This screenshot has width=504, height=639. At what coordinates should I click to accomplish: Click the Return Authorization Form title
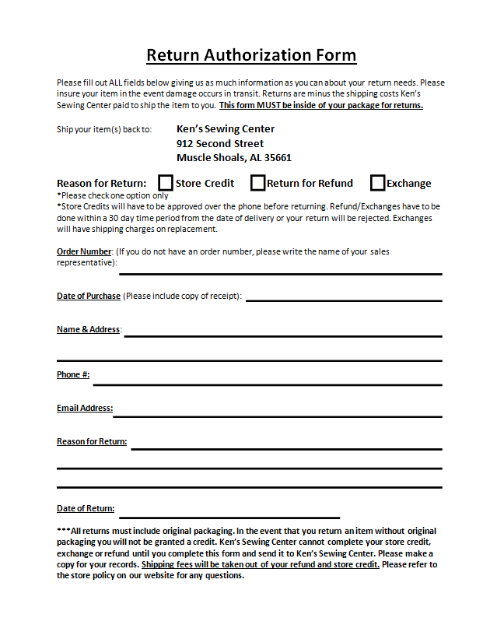(x=251, y=55)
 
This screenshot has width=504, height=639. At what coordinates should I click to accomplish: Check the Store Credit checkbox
(x=166, y=183)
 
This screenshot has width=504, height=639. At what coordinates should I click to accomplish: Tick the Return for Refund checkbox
(x=257, y=183)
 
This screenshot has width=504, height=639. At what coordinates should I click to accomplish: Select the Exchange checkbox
(x=377, y=183)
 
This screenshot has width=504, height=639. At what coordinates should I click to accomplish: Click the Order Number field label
(x=84, y=251)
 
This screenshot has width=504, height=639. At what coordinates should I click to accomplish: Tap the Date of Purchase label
(x=89, y=296)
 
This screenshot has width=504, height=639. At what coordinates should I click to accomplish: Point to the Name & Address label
(x=88, y=329)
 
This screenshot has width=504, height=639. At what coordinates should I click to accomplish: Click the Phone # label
(x=73, y=374)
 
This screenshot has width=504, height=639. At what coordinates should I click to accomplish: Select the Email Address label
(x=85, y=408)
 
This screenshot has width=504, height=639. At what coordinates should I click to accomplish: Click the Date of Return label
(x=86, y=508)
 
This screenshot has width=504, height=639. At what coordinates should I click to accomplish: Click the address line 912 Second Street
(x=220, y=143)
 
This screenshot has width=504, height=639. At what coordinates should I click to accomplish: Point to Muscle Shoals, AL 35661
(x=234, y=157)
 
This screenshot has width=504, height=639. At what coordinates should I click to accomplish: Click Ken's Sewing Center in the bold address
(x=226, y=129)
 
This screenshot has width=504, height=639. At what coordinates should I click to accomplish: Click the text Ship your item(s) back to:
(x=104, y=129)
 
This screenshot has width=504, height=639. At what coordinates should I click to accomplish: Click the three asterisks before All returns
(x=63, y=530)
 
